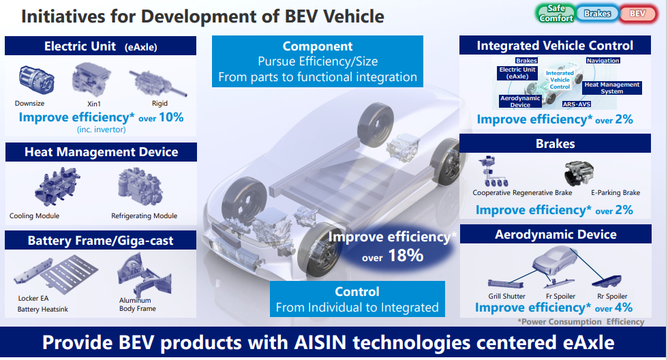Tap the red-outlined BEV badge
(x=637, y=14)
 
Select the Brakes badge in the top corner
(x=597, y=14)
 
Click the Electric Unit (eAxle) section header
(x=101, y=46)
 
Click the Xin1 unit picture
(x=89, y=79)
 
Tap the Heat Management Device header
(x=101, y=152)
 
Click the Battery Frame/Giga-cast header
(x=101, y=241)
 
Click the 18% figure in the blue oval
(x=408, y=256)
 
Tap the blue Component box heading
(x=318, y=46)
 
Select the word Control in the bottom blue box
(x=357, y=291)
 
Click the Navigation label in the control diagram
(x=603, y=61)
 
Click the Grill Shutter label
(x=506, y=296)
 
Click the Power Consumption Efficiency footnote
(x=580, y=321)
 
